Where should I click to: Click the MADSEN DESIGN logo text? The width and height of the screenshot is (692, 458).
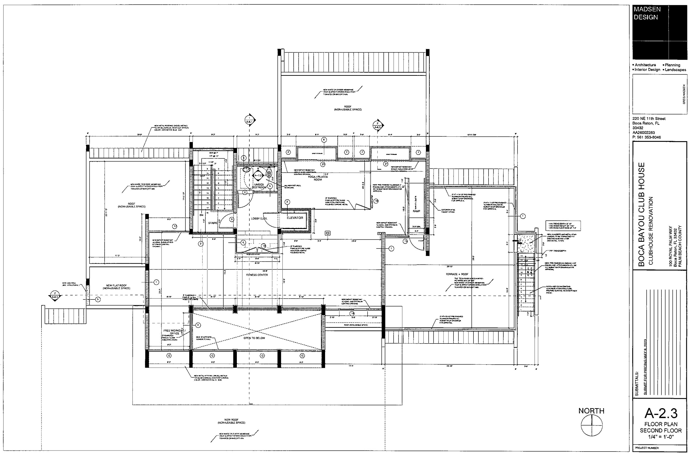[x=647, y=13]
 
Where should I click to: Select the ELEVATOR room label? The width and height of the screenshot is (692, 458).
[x=295, y=218]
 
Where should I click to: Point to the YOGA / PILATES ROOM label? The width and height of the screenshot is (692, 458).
[x=318, y=178]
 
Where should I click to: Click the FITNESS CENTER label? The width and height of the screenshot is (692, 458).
[x=257, y=275]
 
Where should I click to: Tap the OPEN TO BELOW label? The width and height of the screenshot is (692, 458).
[x=254, y=338]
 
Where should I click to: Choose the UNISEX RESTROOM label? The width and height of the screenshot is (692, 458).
[x=259, y=186]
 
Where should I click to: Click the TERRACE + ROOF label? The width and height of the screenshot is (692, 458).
[x=457, y=274]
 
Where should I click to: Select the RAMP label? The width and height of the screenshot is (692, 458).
[x=416, y=211]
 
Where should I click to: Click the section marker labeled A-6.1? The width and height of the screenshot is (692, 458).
[x=250, y=120]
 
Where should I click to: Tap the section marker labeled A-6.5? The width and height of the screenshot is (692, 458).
[x=378, y=126]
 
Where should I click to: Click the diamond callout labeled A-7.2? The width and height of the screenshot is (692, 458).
[x=258, y=175]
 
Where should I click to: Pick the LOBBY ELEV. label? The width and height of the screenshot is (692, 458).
[x=259, y=219]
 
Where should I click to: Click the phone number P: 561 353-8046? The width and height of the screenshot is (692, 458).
[x=646, y=137]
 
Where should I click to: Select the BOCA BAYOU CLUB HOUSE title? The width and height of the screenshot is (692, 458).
[x=642, y=214]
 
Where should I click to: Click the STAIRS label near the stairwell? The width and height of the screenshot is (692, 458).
[x=213, y=223]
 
